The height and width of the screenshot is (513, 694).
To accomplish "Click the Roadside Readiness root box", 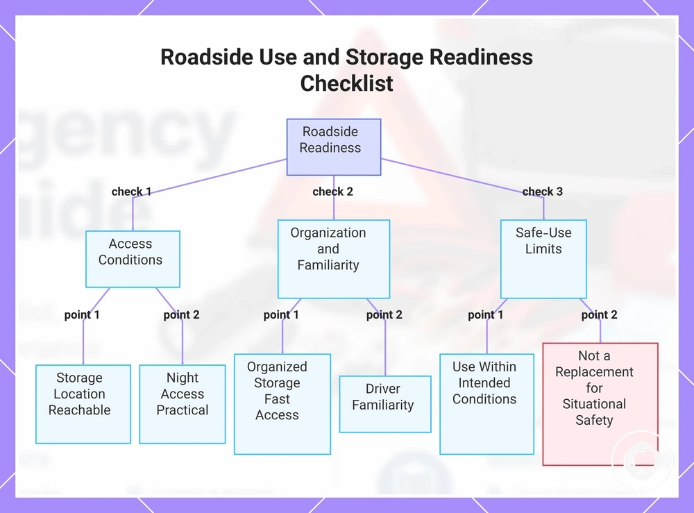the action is coord(334,147).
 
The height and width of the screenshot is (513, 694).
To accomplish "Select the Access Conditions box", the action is coord(133,259).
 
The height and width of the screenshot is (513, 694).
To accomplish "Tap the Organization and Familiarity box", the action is coord(334,259).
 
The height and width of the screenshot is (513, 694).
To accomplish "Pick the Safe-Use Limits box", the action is coord(543,259).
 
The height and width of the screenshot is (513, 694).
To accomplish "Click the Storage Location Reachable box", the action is coord(83,404).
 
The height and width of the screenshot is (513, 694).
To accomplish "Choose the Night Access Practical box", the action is coord(183,404).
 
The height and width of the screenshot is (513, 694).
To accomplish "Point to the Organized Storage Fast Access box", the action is coord(282,404).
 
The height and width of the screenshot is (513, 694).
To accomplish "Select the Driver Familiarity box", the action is coord(385,404).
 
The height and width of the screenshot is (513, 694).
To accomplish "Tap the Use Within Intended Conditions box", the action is coord(487,404).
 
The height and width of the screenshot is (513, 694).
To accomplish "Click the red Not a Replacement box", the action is coord(600,404).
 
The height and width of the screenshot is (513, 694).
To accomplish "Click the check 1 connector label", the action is coord(131,192).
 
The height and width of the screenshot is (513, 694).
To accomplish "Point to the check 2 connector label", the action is coord(333,192).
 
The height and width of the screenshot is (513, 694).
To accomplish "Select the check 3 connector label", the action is coord(543,192).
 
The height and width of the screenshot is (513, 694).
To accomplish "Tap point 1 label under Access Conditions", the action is coord(82,314).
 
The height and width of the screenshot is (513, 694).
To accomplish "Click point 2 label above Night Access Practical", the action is coord(181,314).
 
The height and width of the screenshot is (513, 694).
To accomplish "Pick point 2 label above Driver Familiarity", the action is coord(384,314).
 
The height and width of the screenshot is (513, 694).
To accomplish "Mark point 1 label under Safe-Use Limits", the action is coord(486,314).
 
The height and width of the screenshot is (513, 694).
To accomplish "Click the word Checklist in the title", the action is coord(346,84).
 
